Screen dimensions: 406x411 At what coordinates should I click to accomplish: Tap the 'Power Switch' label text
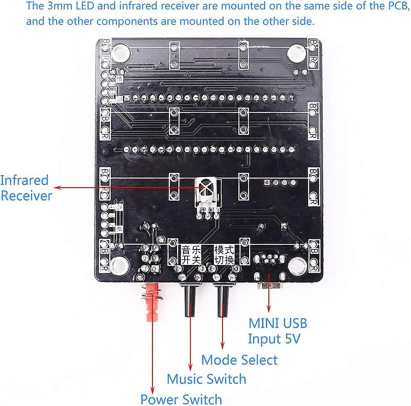[181, 399]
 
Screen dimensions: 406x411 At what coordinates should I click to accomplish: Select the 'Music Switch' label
[207, 379]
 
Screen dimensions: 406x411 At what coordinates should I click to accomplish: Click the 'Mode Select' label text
[239, 360]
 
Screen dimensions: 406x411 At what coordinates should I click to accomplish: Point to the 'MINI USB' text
[278, 323]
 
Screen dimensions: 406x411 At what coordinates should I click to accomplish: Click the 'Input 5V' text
[274, 339]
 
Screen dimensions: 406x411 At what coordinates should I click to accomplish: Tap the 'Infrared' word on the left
[24, 180]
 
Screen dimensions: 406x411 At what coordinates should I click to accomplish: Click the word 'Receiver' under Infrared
[27, 196]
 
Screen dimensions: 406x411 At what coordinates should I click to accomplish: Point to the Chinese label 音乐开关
[191, 255]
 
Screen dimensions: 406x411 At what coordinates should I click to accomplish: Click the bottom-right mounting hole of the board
[296, 266]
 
